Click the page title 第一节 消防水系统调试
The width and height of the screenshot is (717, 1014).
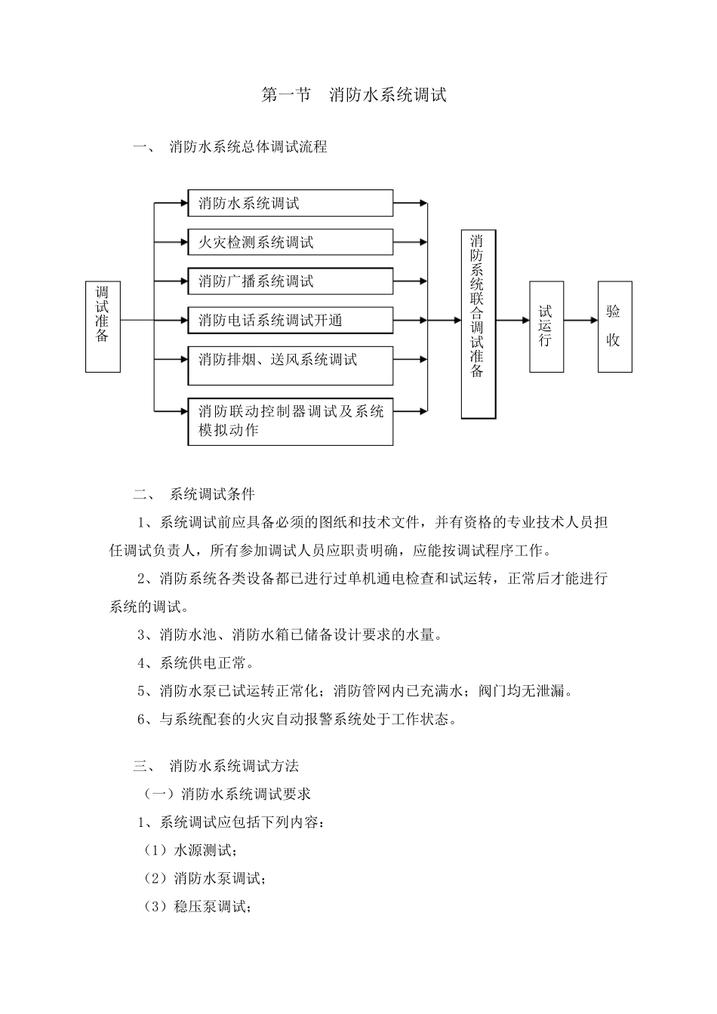click(x=354, y=95)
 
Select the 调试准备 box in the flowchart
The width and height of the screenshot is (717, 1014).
click(x=103, y=327)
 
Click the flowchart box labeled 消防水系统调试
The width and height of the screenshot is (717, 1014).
click(x=291, y=204)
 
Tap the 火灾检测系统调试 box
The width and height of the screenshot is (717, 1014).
click(x=291, y=242)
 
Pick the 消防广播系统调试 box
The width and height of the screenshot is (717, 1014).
click(x=291, y=281)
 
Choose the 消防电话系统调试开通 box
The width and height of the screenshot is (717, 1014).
click(x=291, y=321)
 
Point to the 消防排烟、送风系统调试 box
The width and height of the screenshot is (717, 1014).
click(x=291, y=365)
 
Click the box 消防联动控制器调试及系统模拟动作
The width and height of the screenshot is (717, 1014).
click(x=291, y=421)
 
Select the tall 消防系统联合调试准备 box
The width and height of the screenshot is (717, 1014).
click(x=479, y=324)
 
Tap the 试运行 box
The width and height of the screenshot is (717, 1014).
click(x=546, y=327)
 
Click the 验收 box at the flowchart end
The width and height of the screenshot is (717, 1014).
click(x=614, y=327)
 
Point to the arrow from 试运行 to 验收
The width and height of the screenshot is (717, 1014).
click(x=580, y=321)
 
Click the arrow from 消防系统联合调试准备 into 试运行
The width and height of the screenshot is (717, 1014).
click(x=512, y=321)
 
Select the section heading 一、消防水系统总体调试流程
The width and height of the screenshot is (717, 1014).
click(x=230, y=147)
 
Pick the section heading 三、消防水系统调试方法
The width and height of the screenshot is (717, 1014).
click(x=217, y=766)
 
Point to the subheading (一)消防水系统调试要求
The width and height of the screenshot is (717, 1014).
click(x=227, y=794)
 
